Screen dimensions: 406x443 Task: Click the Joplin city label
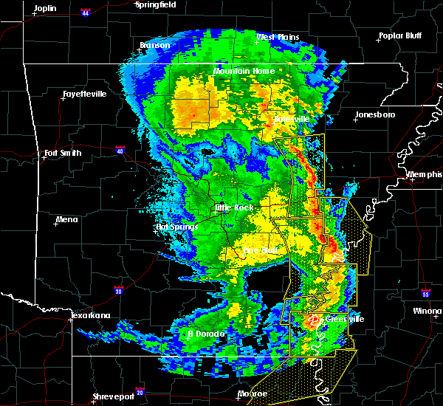(45, 7)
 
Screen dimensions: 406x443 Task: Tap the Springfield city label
(156, 4)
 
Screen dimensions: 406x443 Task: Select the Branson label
(155, 45)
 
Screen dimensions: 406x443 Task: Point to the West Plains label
(275, 37)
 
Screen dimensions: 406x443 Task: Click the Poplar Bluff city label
(399, 35)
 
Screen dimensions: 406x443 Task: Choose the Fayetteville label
(84, 94)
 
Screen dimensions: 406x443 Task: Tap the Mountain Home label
(244, 71)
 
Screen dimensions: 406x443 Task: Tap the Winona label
(427, 311)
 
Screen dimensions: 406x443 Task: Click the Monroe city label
(253, 393)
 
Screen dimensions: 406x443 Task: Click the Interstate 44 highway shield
(86, 13)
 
